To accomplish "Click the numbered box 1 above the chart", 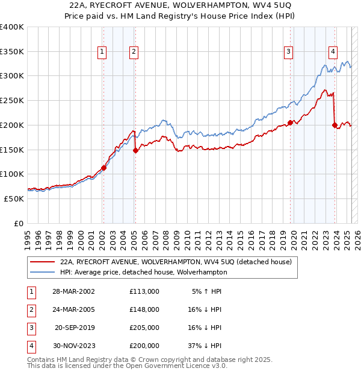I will tap(103, 52).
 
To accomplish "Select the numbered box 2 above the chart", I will tap(133, 52).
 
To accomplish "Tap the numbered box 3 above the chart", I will tap(289, 52).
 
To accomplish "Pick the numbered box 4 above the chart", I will tap(333, 52).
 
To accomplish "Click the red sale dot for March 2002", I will tap(103, 168).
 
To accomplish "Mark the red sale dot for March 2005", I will tap(135, 151).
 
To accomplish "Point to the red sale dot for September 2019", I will tap(290, 122).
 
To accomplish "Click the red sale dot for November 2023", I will tap(335, 125).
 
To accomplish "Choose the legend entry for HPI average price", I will tap(143, 272).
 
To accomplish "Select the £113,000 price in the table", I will tap(144, 291).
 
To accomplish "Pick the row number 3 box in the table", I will tap(30, 328).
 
